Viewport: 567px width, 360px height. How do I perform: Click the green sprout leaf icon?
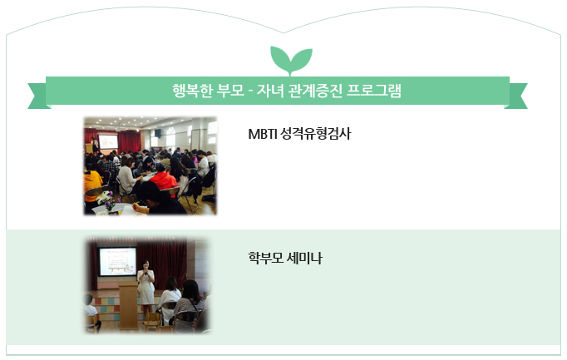point(291,60)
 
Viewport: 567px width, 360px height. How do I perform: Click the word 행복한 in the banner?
point(192,91)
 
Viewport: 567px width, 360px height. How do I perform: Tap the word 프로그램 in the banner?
point(374,91)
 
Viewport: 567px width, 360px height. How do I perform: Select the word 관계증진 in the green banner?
point(315,91)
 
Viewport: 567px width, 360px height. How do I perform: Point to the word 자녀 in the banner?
point(270,91)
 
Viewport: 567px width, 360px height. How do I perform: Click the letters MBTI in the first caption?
point(263,134)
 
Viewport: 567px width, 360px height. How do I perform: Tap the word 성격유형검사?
point(315,134)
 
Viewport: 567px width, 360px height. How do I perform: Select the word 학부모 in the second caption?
point(266,258)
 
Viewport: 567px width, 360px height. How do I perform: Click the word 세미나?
point(304,258)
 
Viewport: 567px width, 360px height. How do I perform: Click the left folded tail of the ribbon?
point(37,96)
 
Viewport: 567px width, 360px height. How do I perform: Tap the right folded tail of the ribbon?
point(516,96)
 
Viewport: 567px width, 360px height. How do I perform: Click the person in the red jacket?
point(164,180)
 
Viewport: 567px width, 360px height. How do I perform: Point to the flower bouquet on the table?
point(107,200)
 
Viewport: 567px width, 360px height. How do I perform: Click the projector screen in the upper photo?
point(108,142)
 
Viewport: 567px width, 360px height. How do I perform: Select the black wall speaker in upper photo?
point(158,133)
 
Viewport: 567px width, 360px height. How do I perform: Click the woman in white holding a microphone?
point(146,285)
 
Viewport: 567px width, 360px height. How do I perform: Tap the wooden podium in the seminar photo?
point(128,306)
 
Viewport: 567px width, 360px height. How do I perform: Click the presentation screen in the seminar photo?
point(118,261)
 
